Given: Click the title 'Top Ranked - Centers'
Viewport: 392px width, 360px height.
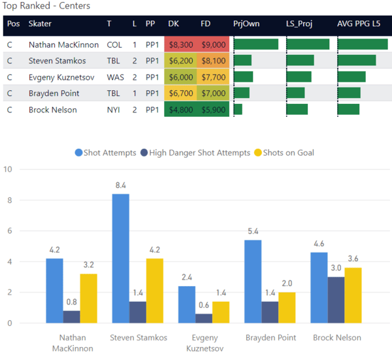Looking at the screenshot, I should [x=47, y=6].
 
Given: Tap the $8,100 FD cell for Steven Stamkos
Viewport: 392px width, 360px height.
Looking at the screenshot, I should [x=214, y=61].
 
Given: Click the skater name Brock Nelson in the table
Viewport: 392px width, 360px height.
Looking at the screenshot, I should [x=53, y=110].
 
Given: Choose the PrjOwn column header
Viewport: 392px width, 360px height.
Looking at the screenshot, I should [x=246, y=24].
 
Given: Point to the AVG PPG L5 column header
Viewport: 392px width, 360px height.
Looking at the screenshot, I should [x=363, y=24].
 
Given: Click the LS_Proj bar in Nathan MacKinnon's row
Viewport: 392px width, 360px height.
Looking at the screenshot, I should [x=308, y=44].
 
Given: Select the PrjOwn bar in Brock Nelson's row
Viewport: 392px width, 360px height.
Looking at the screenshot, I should [x=238, y=109].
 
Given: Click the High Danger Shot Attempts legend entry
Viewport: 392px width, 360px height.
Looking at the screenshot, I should [x=194, y=153].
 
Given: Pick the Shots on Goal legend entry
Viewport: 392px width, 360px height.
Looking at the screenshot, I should [x=288, y=153].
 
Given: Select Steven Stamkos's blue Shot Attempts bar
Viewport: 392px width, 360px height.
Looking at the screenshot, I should [x=120, y=258].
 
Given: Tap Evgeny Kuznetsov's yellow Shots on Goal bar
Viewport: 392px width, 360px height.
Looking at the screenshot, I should [x=221, y=312].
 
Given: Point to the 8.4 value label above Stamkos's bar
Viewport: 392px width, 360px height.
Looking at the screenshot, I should [x=120, y=185].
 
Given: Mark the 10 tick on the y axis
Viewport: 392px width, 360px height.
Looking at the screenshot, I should [x=8, y=170].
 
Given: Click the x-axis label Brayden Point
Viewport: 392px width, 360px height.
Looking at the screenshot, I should [x=270, y=338].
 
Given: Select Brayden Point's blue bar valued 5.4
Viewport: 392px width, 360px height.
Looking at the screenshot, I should [x=252, y=282].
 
